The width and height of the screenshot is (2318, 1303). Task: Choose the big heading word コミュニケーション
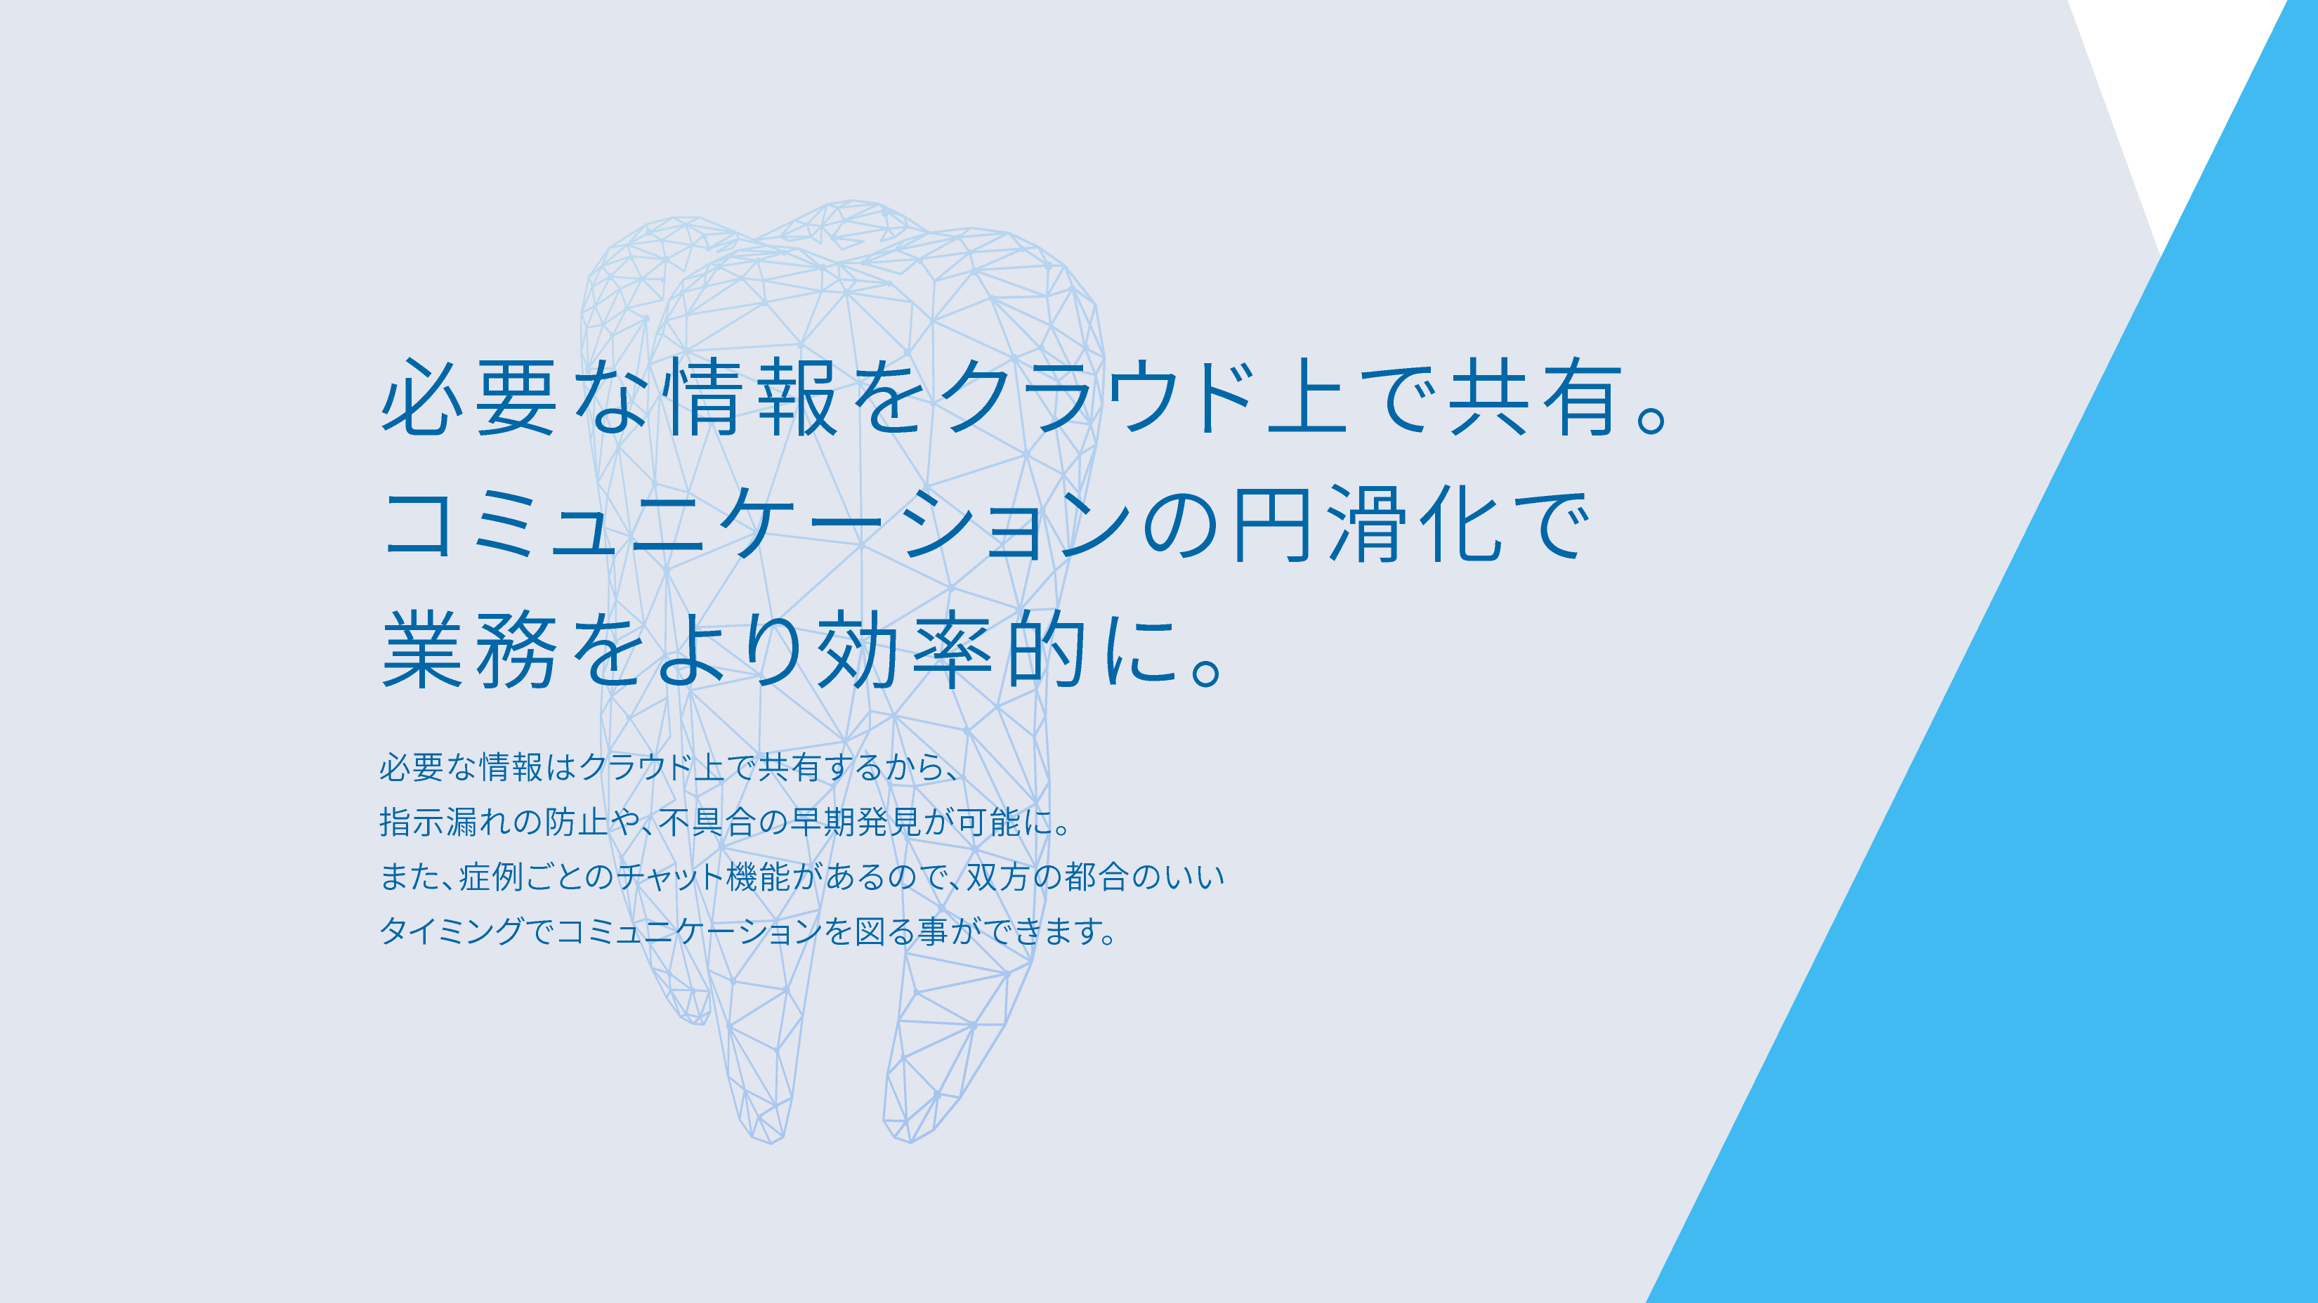(x=757, y=524)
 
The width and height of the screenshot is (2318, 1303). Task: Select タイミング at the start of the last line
(x=452, y=931)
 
